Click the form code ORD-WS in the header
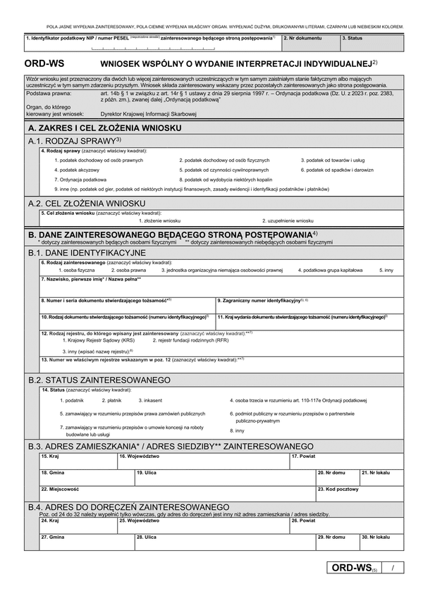(44, 63)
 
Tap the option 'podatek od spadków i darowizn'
(337, 170)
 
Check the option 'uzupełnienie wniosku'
(288, 220)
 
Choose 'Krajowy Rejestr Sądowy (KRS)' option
(97, 340)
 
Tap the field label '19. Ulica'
(146, 472)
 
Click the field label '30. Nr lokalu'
(375, 537)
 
